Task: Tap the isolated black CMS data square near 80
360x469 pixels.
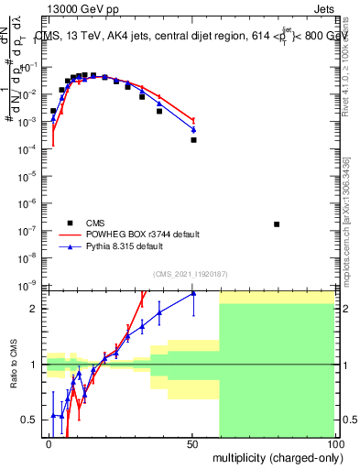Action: pos(277,224)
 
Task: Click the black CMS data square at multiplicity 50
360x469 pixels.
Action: pos(193,140)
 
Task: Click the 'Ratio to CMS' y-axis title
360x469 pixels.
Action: pos(13,364)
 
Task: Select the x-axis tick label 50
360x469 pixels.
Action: pos(192,443)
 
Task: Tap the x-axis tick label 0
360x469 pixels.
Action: pos(49,443)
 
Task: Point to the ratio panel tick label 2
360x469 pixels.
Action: pos(35,309)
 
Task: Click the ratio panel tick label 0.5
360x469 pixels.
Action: pos(31,420)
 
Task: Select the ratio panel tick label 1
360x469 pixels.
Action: pos(35,365)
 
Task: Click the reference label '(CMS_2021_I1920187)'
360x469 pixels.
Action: pos(190,273)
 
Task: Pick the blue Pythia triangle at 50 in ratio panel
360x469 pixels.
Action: pos(193,293)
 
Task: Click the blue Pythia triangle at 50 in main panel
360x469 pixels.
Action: pos(193,129)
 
